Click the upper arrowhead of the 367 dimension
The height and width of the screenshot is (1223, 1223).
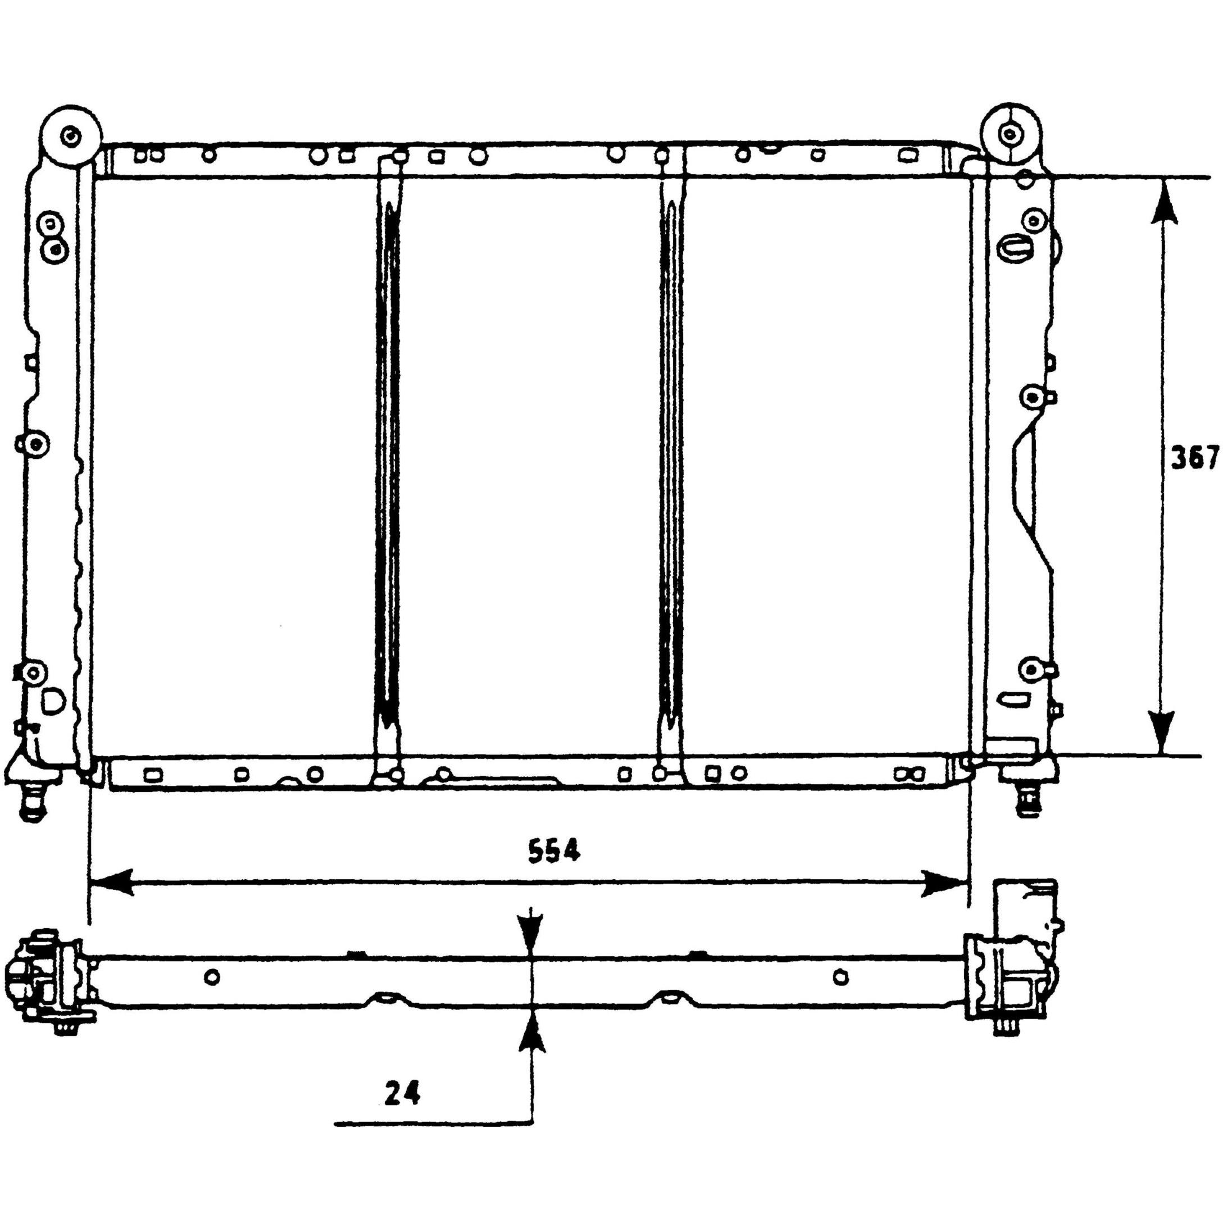tap(1162, 201)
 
